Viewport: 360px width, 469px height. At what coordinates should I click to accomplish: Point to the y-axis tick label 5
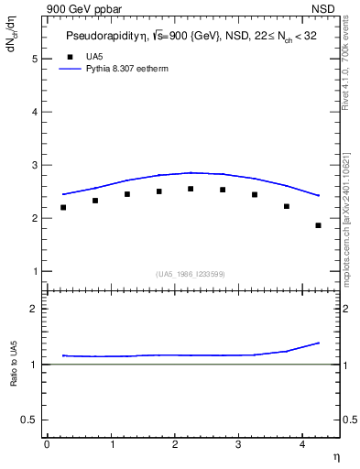tap(34, 59)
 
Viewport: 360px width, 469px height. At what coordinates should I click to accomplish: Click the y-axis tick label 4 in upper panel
tap(34, 112)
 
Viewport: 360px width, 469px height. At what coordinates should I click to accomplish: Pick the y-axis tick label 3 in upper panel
tap(34, 165)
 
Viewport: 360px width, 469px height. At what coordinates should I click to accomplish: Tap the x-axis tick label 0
tap(47, 444)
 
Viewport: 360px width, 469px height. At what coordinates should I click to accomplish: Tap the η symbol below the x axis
tap(336, 455)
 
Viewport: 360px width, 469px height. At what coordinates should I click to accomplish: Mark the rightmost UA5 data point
tap(319, 225)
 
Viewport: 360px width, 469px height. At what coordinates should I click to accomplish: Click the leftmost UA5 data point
tap(63, 207)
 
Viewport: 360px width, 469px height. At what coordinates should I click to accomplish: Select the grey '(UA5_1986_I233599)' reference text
tap(191, 274)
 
